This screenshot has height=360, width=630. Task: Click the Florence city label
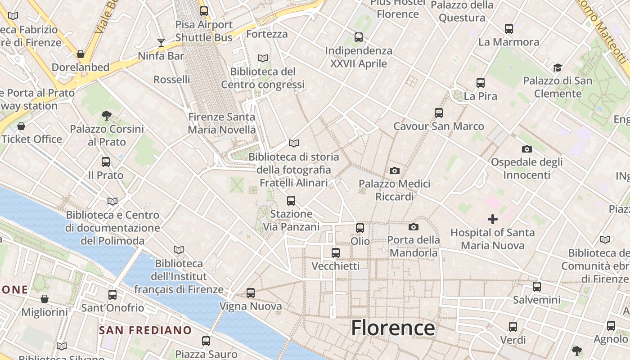point(393,328)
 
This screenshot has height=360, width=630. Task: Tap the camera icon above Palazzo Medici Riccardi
point(395,171)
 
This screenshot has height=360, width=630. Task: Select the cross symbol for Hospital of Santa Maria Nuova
point(493,219)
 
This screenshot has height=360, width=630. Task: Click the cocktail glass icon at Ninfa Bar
point(161,43)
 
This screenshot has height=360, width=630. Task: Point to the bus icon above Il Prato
point(106,162)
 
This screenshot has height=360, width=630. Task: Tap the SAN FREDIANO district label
point(145,330)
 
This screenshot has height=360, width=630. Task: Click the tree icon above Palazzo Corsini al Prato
point(107,116)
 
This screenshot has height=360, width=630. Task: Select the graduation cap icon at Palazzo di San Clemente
point(558,67)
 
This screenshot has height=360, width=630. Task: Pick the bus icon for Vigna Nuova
point(251,293)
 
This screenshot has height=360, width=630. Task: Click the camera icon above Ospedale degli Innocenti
point(526,149)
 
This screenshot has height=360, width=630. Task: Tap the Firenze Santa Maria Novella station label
point(221,123)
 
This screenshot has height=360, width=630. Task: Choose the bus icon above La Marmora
point(509,29)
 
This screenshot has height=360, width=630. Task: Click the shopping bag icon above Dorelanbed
point(81,54)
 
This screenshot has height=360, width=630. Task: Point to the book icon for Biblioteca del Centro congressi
point(263,58)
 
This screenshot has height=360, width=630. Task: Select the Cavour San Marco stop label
point(439,126)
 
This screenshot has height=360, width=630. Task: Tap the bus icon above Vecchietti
point(336,253)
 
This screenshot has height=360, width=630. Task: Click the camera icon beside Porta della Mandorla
point(414,227)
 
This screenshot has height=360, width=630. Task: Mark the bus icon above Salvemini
point(537,286)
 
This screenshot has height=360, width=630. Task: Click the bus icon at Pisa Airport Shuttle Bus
point(204,11)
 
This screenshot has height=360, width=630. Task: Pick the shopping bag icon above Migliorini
point(45,299)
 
